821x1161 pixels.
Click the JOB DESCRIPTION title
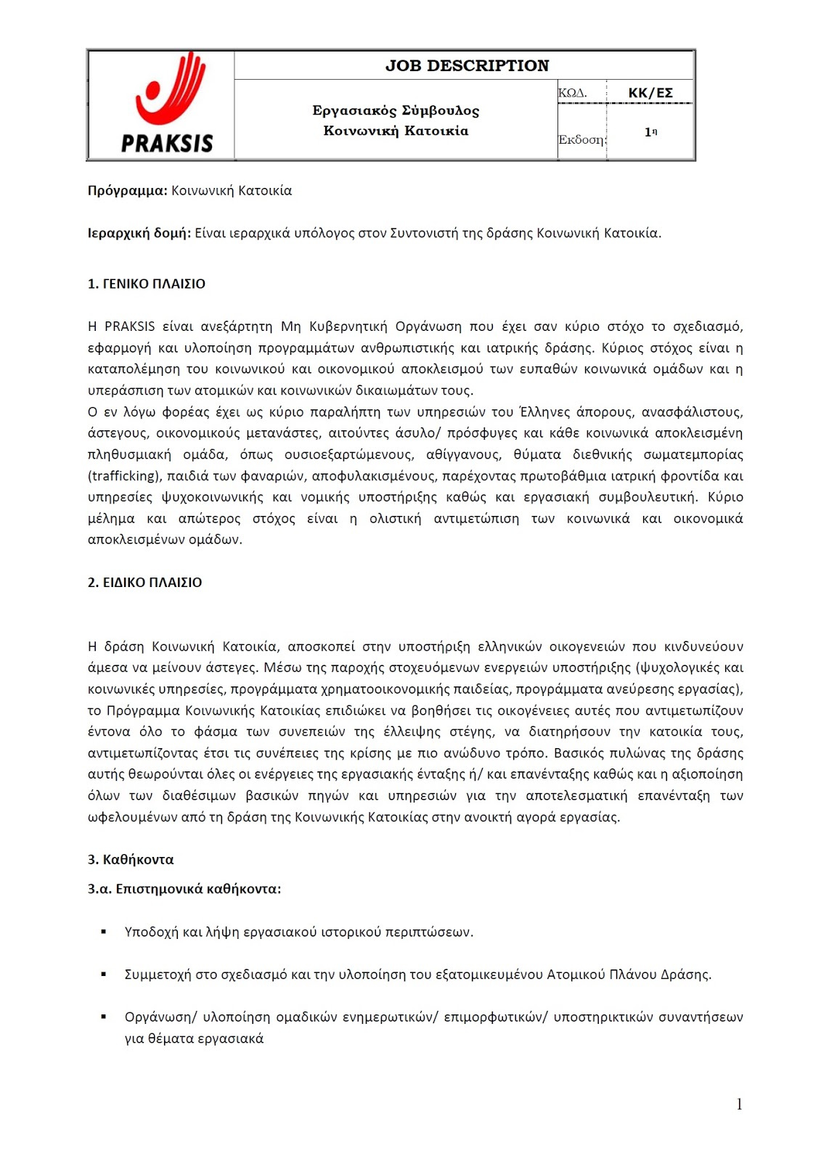tap(467, 65)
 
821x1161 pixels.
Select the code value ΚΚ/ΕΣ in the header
tap(650, 93)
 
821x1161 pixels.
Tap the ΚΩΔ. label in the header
tap(572, 93)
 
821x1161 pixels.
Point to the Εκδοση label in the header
tap(581, 139)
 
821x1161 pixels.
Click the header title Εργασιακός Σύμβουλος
tap(396, 110)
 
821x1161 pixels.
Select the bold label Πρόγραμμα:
tap(127, 191)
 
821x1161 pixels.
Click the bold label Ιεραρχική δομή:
tap(139, 233)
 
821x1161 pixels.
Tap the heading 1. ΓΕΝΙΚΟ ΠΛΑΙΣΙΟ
tap(146, 284)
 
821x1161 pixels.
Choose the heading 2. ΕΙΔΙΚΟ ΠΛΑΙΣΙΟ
tap(144, 582)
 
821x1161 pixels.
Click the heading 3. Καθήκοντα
tap(131, 859)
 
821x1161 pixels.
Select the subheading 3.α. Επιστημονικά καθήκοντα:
tap(184, 888)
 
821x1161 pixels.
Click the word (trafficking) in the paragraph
tap(124, 476)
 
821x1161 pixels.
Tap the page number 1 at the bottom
tap(739, 1104)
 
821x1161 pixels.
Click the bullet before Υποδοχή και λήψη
tap(105, 931)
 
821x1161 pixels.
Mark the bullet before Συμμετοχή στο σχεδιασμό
tap(105, 974)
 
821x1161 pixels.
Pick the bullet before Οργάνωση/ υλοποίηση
tap(105, 1017)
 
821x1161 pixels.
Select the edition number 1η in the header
tap(650, 132)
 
